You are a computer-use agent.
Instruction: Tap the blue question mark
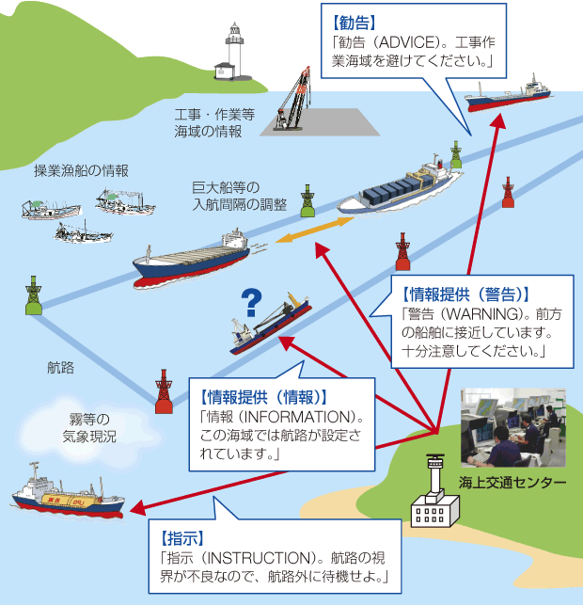tap(250, 301)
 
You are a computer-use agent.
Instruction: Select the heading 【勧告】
tap(355, 19)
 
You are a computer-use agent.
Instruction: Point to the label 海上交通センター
tap(512, 483)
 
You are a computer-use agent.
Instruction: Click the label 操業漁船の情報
tap(81, 170)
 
